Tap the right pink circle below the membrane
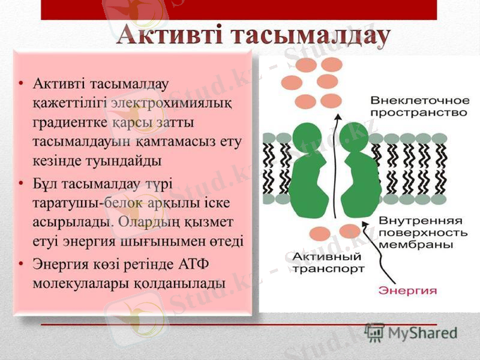[349, 231]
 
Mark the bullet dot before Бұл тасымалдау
[22, 181]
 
